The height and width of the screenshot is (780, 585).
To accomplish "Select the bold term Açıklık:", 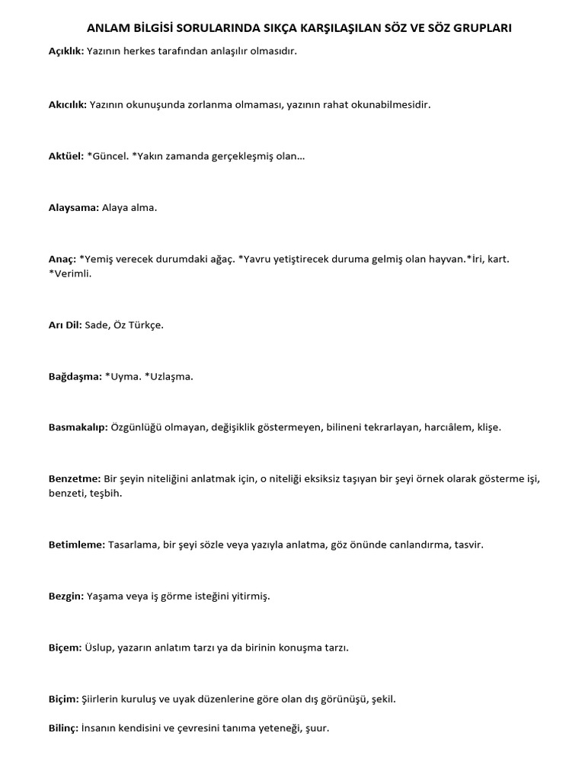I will tap(66, 52).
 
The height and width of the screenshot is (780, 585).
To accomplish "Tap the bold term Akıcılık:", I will tap(68, 104).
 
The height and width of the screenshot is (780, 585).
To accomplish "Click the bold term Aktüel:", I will tap(66, 156).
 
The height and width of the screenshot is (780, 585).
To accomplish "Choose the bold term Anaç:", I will tap(62, 259).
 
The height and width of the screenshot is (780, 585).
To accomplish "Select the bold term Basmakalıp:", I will tap(78, 427).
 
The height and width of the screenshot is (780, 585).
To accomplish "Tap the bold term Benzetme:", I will tap(75, 478).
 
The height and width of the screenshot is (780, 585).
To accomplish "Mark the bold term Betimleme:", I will tap(77, 545).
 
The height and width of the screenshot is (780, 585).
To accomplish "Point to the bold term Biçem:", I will tap(65, 647).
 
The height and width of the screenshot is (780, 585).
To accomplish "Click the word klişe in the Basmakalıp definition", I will tap(489, 427).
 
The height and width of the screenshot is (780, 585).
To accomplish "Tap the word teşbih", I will tap(106, 494).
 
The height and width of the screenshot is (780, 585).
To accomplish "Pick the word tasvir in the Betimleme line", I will tap(469, 545).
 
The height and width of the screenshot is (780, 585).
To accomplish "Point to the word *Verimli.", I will tap(69, 273).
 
